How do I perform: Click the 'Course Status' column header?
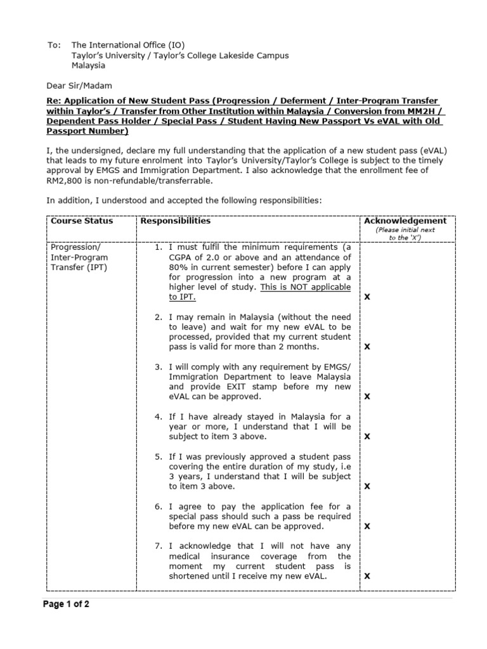(82, 221)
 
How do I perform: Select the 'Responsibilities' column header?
(176, 221)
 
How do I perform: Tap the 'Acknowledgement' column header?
(405, 221)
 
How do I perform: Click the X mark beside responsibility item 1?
(367, 297)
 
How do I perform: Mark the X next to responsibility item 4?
(367, 437)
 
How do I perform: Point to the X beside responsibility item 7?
(367, 576)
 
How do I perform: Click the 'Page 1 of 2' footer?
(66, 604)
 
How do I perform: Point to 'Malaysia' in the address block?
(89, 65)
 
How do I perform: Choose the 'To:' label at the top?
(55, 46)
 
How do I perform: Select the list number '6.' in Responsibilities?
(159, 506)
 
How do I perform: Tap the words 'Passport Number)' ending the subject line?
(87, 131)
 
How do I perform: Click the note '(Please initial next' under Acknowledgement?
(405, 230)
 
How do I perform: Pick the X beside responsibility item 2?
(367, 347)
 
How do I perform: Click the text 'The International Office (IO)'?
(129, 46)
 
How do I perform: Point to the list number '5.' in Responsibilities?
(159, 456)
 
